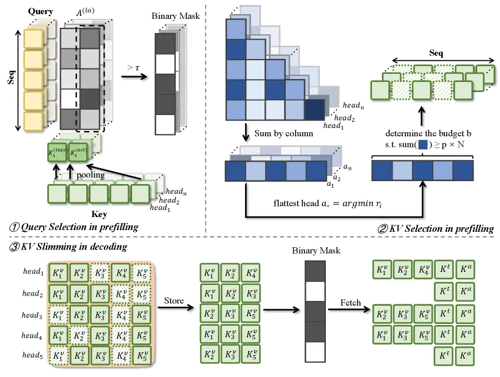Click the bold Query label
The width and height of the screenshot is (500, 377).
[x=40, y=11]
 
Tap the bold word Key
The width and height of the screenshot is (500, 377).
[x=99, y=214]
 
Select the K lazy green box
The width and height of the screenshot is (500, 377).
[x=57, y=153]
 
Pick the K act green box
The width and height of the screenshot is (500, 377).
[x=78, y=153]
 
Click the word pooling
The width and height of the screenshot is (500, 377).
[x=90, y=175]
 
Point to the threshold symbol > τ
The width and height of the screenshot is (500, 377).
[x=133, y=68]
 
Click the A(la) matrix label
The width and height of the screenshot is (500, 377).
[x=85, y=12]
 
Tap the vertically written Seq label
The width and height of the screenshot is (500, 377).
[x=11, y=77]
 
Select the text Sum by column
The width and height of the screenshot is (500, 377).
[x=283, y=133]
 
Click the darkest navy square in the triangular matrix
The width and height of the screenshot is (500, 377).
[x=315, y=110]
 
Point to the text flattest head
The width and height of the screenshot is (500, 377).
[x=296, y=204]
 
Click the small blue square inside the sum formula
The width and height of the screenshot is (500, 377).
[x=423, y=145]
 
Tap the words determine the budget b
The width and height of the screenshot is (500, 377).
[x=428, y=133]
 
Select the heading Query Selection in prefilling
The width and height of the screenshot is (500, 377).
[x=74, y=227]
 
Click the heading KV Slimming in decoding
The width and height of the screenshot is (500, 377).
[x=68, y=247]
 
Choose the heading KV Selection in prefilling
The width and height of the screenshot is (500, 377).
[x=436, y=228]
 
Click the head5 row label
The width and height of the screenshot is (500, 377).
[x=32, y=355]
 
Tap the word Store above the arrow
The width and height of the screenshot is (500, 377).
[x=174, y=300]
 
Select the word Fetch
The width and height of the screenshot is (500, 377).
[x=351, y=303]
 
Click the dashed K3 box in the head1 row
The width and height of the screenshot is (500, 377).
[x=100, y=273]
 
